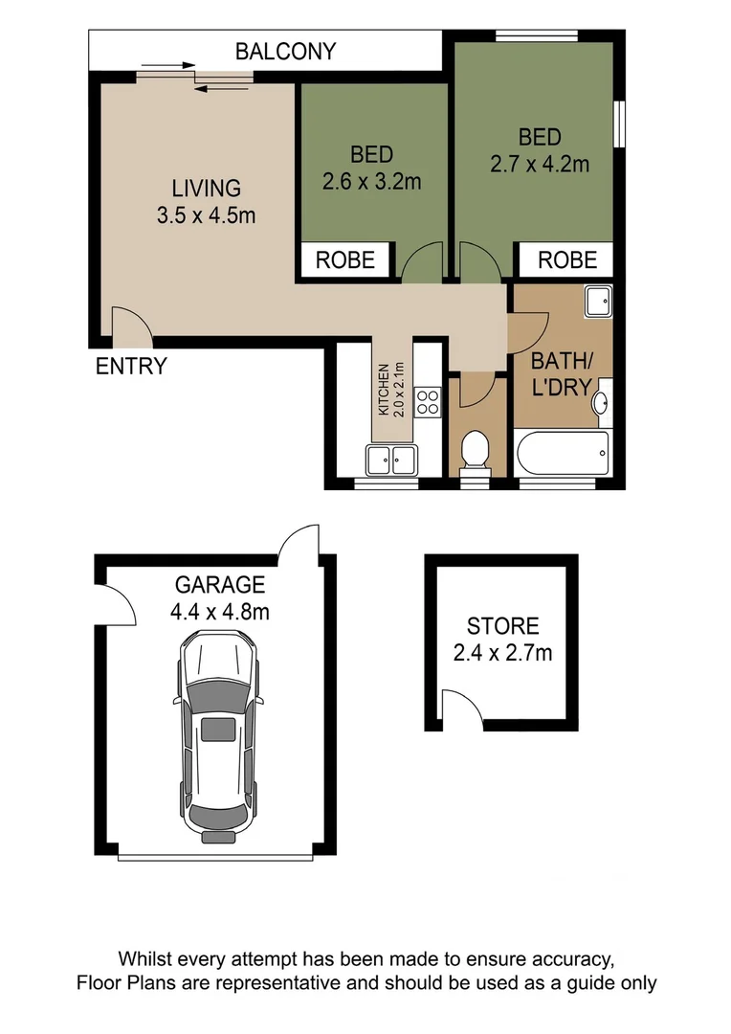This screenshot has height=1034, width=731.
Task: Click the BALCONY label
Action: point(286,51)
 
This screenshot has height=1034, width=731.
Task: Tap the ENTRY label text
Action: point(131,366)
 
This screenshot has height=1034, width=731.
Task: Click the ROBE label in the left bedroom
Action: point(345,259)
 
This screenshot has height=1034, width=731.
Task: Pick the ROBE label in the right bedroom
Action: point(566,259)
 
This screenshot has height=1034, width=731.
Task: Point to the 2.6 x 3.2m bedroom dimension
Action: point(371,180)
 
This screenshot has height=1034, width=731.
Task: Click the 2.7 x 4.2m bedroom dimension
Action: point(539,164)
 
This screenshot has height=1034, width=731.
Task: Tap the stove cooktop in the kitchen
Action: point(428,401)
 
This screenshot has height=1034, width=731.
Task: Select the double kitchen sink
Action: point(390,460)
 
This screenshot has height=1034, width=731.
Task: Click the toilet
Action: point(474,453)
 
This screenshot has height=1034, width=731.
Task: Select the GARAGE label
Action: point(219,585)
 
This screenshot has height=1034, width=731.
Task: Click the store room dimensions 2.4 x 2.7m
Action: point(502,654)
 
